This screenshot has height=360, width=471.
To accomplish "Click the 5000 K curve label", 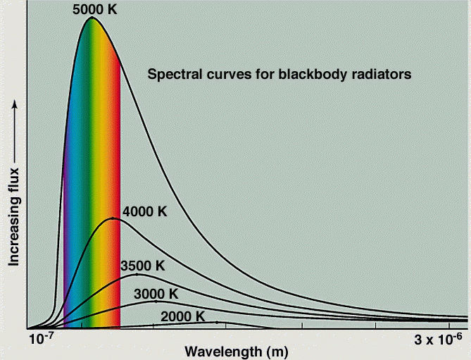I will point(95,9).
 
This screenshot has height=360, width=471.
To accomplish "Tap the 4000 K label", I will point(145,211).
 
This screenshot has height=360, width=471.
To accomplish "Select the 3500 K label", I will point(142,266).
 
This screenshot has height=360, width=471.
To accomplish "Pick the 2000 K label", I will point(182,316).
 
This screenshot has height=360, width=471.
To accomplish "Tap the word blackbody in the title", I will point(308,73).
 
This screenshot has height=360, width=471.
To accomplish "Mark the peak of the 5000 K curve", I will point(92,17).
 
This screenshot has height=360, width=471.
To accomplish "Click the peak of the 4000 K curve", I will point(113,218).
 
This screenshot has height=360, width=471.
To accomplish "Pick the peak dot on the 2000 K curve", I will point(217,322).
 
